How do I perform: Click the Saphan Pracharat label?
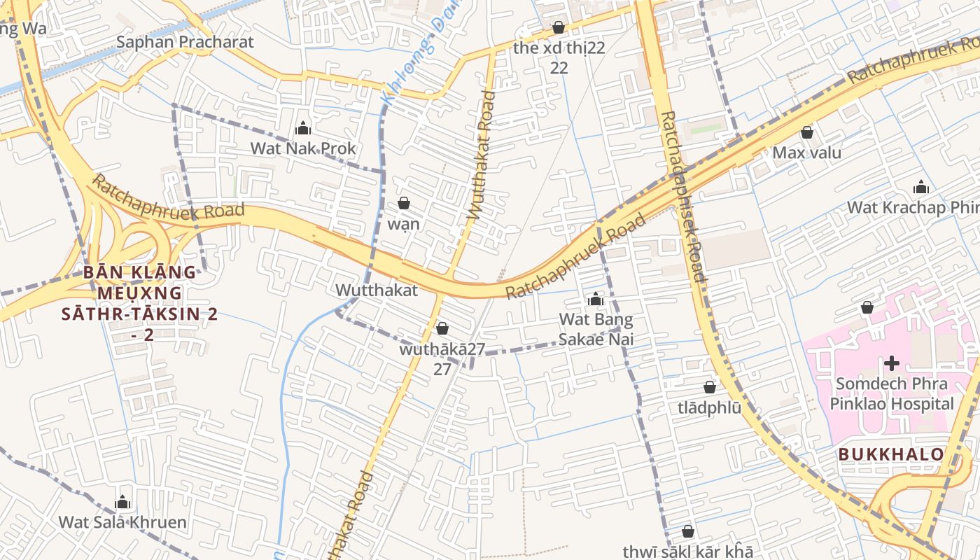coord(185,42)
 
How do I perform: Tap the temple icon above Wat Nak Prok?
coord(303,128)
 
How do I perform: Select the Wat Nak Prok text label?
coord(303,148)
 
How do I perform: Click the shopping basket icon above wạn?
coord(404,204)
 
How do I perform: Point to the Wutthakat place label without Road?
coord(377,290)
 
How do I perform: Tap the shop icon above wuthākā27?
coord(442,328)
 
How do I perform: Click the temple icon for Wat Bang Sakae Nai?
coord(596,300)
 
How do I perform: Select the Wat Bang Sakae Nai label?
coord(596,330)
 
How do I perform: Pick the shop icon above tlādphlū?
coord(710,387)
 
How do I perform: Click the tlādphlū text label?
coord(709,407)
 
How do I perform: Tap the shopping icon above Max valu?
coord(807,132)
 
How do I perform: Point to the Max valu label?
coord(807,153)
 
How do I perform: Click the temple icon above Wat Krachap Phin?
coord(921,188)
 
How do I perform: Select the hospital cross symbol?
coord(892,363)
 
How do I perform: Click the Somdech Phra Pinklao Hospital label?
coord(892,393)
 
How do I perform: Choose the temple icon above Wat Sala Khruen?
coord(122,503)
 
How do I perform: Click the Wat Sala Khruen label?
coord(122,522)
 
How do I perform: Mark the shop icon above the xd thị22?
coord(559,28)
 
